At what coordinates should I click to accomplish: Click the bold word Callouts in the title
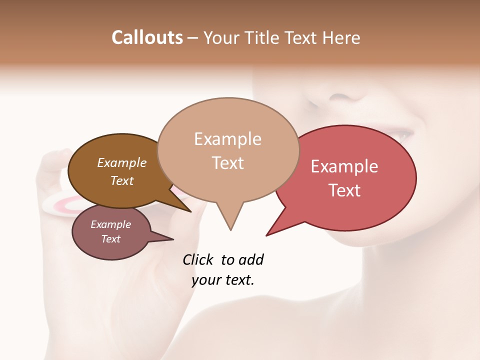coord(147,37)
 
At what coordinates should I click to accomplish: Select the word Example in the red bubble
coord(344,166)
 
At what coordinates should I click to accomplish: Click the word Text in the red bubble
coord(344,190)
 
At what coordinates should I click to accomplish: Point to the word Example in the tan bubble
coord(227,139)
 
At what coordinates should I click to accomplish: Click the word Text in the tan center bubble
coord(228,163)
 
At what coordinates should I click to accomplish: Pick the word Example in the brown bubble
coord(122,163)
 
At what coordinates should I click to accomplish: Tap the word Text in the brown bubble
coord(122,180)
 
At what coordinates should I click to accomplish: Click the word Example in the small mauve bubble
coord(110,224)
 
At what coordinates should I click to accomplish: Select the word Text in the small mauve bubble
coord(110,239)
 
